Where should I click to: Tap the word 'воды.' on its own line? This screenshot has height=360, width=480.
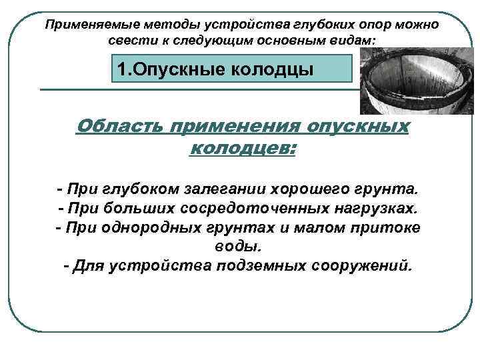241,247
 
